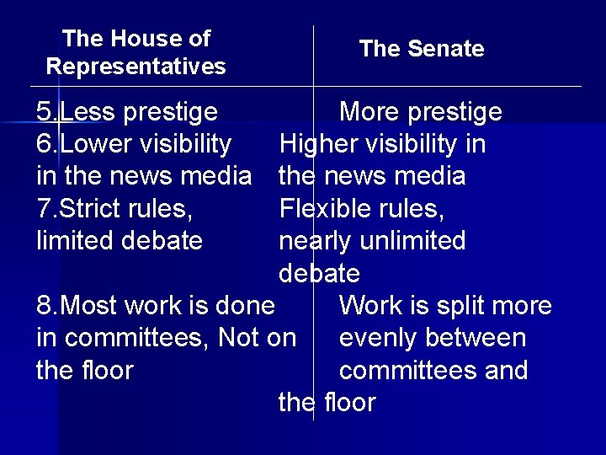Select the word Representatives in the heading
click(136, 66)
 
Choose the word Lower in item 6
click(95, 145)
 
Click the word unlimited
click(412, 242)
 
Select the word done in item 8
click(246, 306)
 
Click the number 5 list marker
click(44, 112)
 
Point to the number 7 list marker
click(44, 209)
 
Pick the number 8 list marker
click(44, 306)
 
